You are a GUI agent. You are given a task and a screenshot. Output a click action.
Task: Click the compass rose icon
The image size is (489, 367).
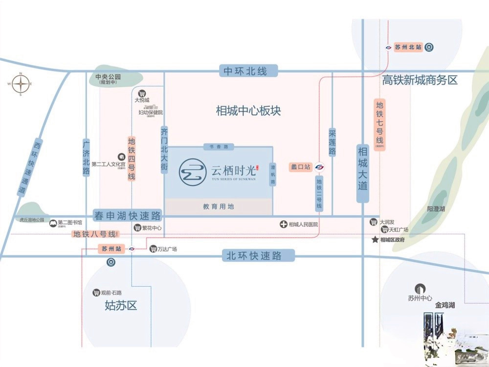[21, 85]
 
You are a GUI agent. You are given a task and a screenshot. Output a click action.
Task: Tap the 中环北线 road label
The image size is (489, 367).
[245, 71]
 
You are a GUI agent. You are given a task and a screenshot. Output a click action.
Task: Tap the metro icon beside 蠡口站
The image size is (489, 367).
[320, 167]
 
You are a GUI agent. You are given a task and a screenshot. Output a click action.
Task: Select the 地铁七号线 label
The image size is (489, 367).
[380, 125]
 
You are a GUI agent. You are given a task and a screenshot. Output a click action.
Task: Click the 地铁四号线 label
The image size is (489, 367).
[132, 159]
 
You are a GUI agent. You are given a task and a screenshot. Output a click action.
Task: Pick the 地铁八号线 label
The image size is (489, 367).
[94, 234]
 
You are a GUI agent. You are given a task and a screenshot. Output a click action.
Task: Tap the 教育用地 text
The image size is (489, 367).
[219, 207]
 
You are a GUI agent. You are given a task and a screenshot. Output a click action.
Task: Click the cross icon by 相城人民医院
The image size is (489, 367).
[283, 225]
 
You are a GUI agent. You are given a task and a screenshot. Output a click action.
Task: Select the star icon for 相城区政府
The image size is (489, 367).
[375, 240]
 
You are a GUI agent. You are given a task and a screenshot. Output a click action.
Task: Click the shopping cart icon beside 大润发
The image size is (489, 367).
[374, 222]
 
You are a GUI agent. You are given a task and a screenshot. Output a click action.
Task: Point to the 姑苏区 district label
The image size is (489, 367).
[121, 306]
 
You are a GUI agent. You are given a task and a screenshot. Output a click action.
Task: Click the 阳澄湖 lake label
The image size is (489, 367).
[436, 209]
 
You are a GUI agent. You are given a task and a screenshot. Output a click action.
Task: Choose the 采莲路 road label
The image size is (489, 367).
[333, 142]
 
